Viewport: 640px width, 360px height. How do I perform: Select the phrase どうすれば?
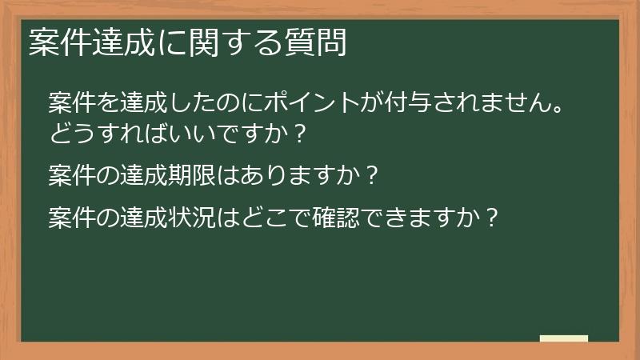click(100, 132)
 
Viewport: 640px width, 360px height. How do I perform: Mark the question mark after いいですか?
click(299, 132)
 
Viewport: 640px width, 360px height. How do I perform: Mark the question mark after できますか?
click(494, 215)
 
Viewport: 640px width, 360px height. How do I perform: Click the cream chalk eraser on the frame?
click(564, 338)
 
